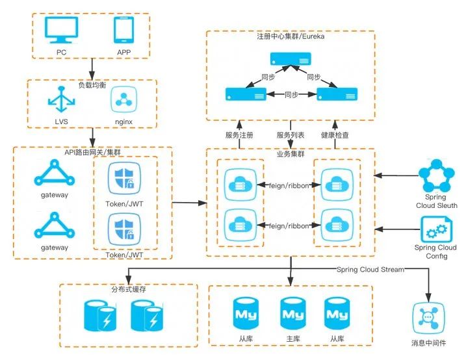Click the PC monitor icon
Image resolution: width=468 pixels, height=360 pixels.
click(x=62, y=31)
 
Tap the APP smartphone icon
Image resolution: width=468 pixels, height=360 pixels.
click(x=123, y=31)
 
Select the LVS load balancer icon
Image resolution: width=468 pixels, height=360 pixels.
click(x=62, y=101)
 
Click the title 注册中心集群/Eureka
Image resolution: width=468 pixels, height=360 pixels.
click(x=291, y=36)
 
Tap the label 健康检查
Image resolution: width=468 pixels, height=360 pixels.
click(x=335, y=135)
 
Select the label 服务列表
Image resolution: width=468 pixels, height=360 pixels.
click(x=289, y=135)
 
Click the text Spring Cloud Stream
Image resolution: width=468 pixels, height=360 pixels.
click(x=370, y=269)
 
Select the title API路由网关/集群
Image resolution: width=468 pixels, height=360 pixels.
click(x=92, y=151)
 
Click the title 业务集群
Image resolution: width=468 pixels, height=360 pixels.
click(x=291, y=154)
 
